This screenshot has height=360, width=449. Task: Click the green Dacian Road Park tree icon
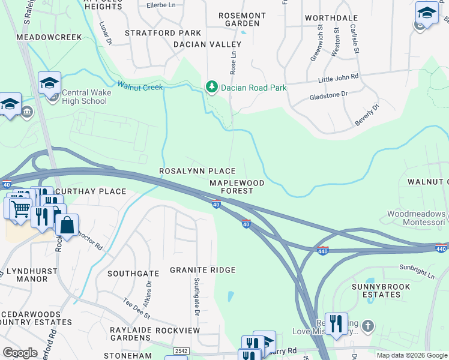(x=211, y=88)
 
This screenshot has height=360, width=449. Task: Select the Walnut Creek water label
(x=140, y=87)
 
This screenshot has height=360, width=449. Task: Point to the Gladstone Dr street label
(x=328, y=95)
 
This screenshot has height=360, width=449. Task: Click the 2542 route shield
(x=180, y=350)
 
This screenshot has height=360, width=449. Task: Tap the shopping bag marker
(x=67, y=226)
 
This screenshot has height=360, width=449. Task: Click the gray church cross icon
(x=368, y=327)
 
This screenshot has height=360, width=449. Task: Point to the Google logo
(x=20, y=353)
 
